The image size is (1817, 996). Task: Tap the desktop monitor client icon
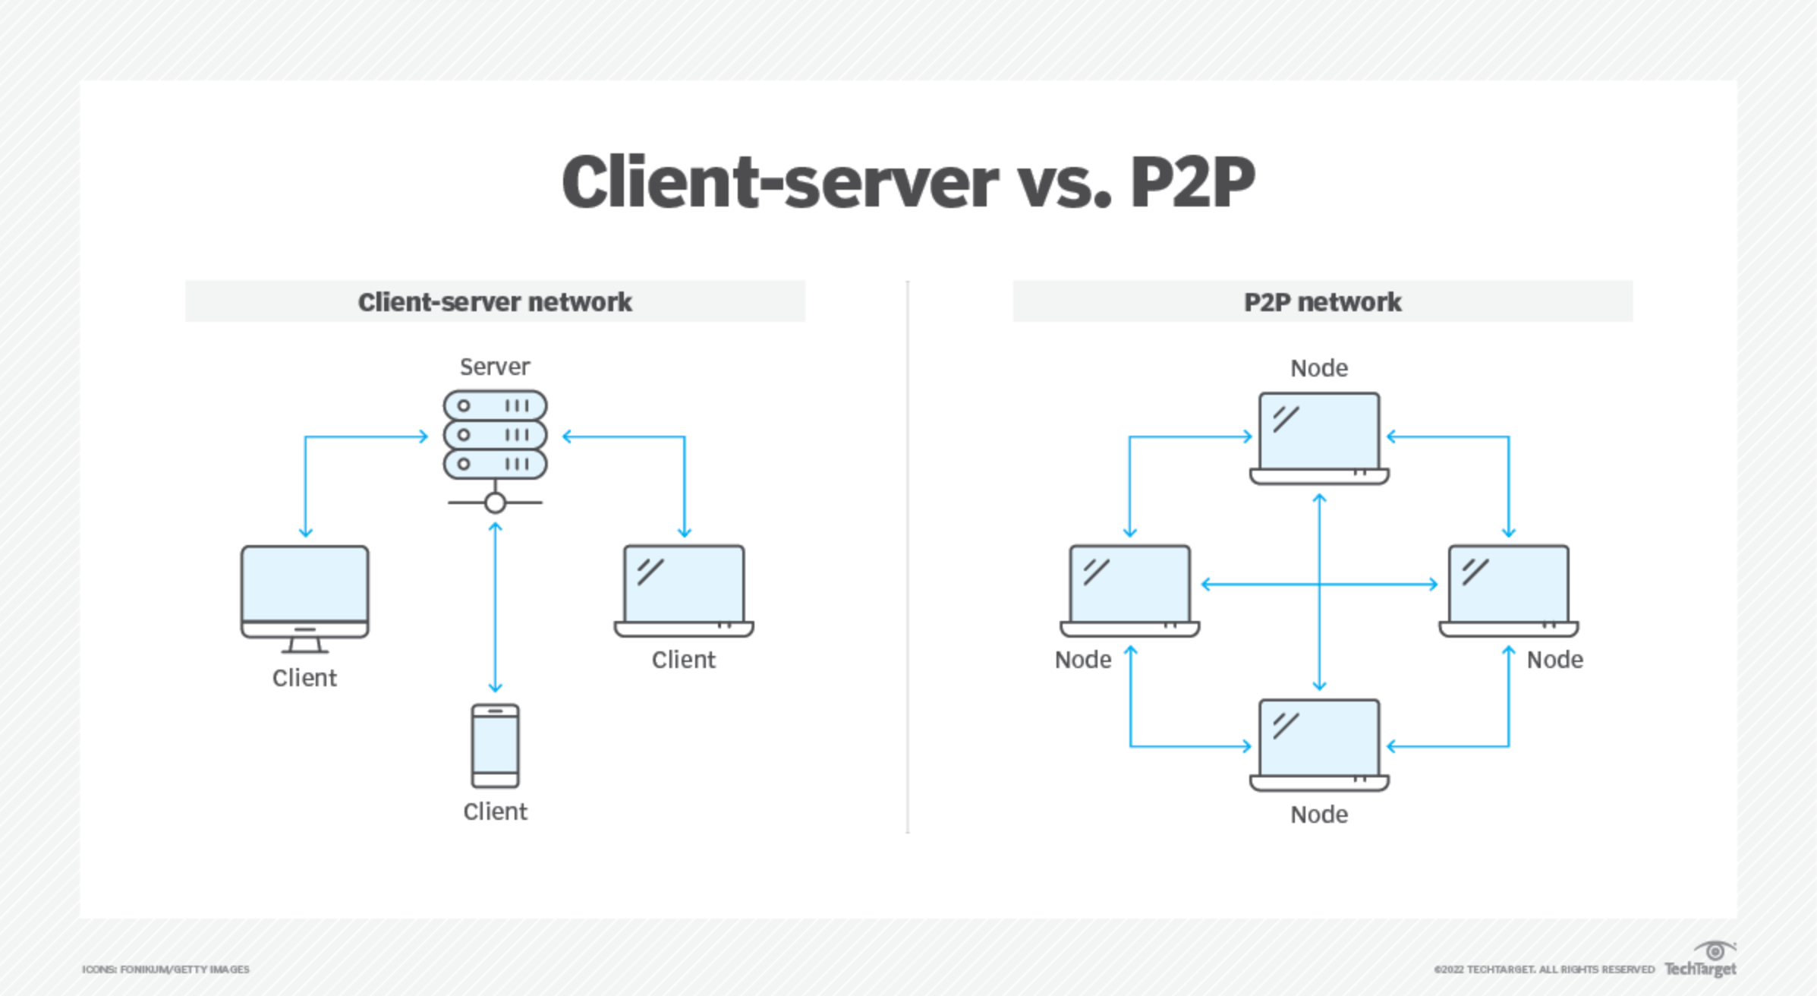tap(305, 599)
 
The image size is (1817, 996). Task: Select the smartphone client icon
tap(495, 745)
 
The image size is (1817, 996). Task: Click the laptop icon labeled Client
tap(684, 591)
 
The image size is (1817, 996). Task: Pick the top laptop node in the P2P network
tap(1319, 438)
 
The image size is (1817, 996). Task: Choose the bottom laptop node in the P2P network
tap(1319, 745)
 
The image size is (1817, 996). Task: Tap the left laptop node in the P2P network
tap(1129, 591)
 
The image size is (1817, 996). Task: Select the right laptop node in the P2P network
tap(1509, 591)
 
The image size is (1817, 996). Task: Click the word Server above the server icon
tap(495, 367)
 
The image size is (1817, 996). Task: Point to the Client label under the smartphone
tap(495, 812)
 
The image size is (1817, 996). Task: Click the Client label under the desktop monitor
tap(304, 678)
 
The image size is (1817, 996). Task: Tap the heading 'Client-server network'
tap(495, 302)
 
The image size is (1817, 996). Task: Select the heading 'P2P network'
tap(1322, 302)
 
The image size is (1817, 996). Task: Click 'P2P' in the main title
tap(1192, 182)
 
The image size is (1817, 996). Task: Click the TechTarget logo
tap(1700, 960)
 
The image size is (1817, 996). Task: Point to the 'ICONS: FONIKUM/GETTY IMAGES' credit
tap(165, 969)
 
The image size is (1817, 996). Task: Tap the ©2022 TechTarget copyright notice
tap(1544, 969)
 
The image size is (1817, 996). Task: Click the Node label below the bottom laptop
tap(1319, 815)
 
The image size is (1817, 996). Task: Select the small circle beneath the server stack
tap(495, 503)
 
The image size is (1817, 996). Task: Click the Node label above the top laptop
tap(1319, 368)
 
